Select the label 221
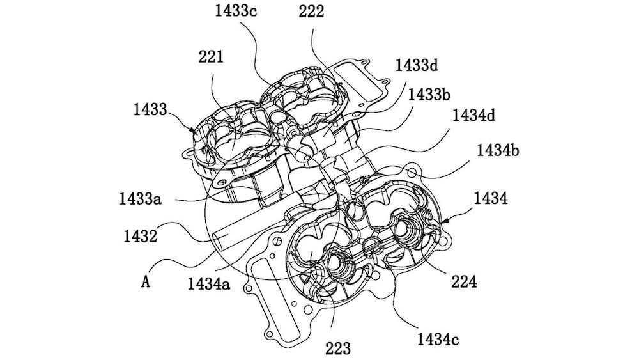coord(212,58)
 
